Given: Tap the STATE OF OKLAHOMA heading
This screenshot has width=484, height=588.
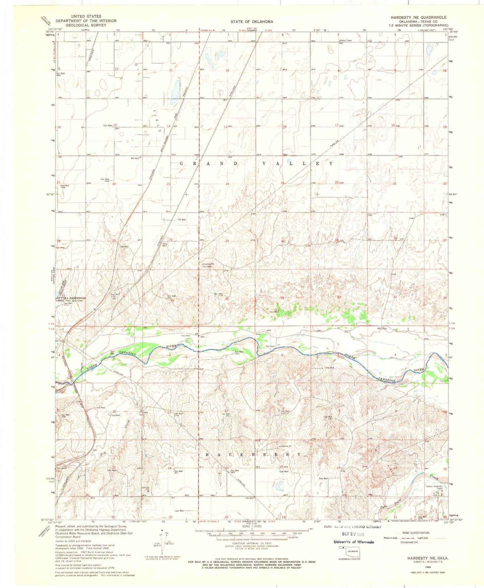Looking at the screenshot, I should (252, 21).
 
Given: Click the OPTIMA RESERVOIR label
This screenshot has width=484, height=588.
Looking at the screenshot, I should (71, 298).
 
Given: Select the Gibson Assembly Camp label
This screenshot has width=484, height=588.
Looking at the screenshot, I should (434, 487).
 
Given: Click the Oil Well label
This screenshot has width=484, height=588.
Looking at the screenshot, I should (182, 220).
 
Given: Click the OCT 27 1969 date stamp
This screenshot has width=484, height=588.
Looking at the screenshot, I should (350, 534).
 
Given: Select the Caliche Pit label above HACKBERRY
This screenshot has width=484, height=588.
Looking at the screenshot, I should (286, 446).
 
